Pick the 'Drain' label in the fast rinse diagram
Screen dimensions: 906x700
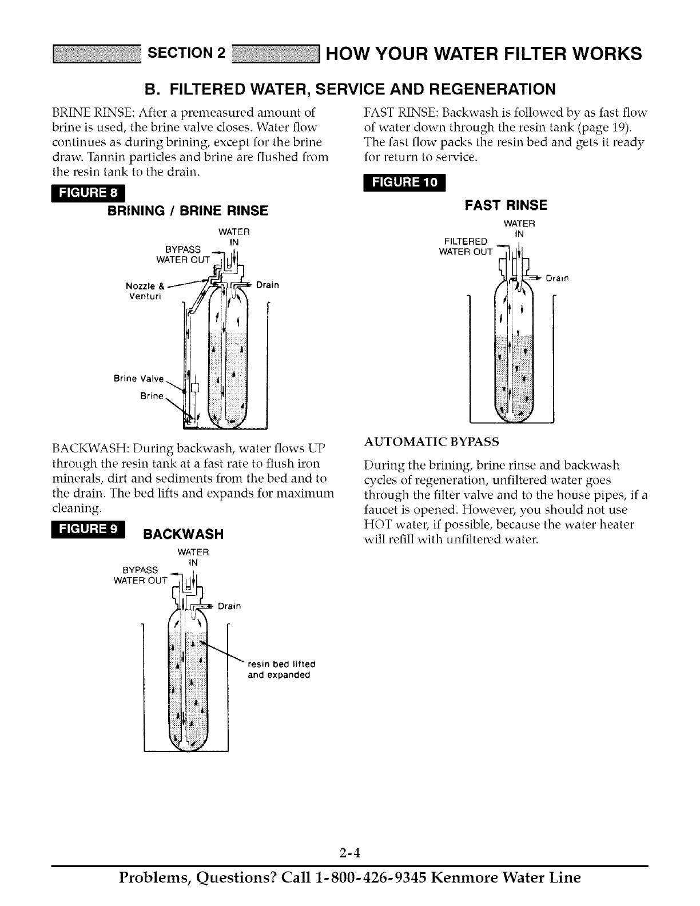[556, 279]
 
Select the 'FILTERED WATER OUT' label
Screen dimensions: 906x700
[465, 246]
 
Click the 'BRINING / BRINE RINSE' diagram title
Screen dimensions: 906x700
[188, 211]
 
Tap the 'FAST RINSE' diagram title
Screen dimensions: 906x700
[506, 205]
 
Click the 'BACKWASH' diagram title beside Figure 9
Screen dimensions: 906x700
[182, 534]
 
